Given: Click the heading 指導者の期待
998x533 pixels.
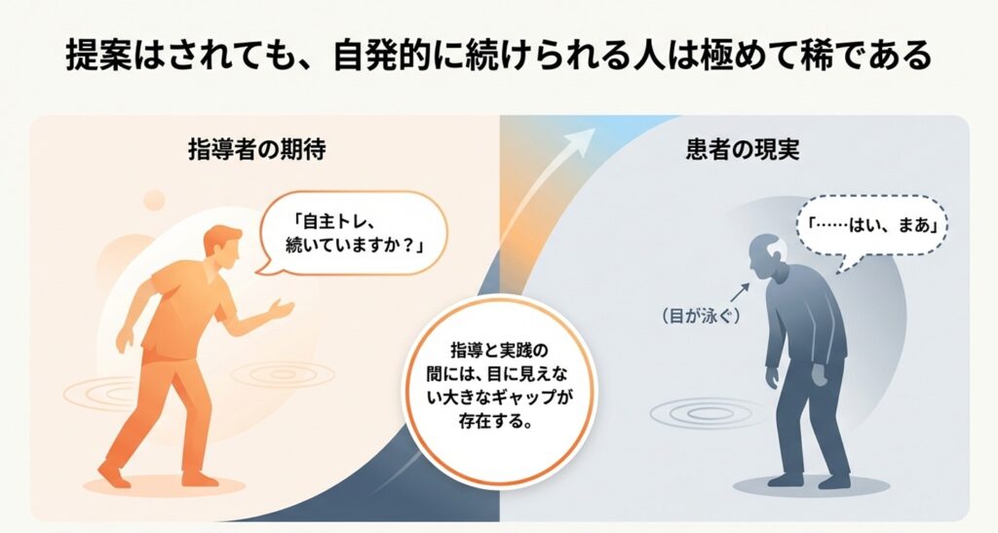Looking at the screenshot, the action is coord(257,149).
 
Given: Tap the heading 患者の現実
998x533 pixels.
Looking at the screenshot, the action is coord(743,149).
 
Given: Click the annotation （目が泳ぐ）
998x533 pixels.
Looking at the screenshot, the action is coord(701,316).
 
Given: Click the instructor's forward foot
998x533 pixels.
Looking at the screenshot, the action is coord(115,474).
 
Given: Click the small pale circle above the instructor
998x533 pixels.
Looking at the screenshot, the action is coord(154,200).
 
